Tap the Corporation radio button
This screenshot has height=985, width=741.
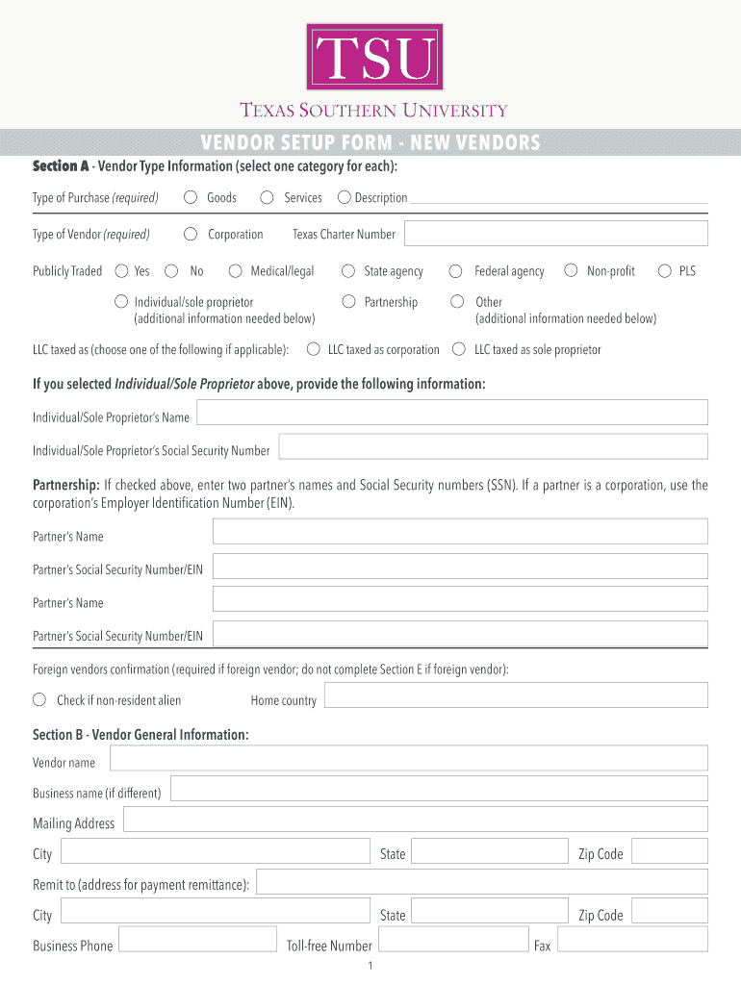(191, 234)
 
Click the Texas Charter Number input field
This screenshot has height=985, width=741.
(555, 233)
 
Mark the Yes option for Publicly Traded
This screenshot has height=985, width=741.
(122, 271)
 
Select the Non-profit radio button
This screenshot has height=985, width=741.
(571, 271)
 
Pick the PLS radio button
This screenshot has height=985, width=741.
(664, 271)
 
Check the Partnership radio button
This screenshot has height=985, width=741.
(348, 302)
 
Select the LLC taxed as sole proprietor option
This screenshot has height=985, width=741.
(459, 349)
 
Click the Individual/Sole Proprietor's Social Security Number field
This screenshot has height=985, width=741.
(493, 446)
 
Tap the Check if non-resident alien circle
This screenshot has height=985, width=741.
(40, 699)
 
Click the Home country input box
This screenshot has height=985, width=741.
(516, 696)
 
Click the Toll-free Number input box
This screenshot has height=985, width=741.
(453, 941)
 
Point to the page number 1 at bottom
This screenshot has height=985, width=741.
(370, 966)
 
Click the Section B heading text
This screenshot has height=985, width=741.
(141, 735)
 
